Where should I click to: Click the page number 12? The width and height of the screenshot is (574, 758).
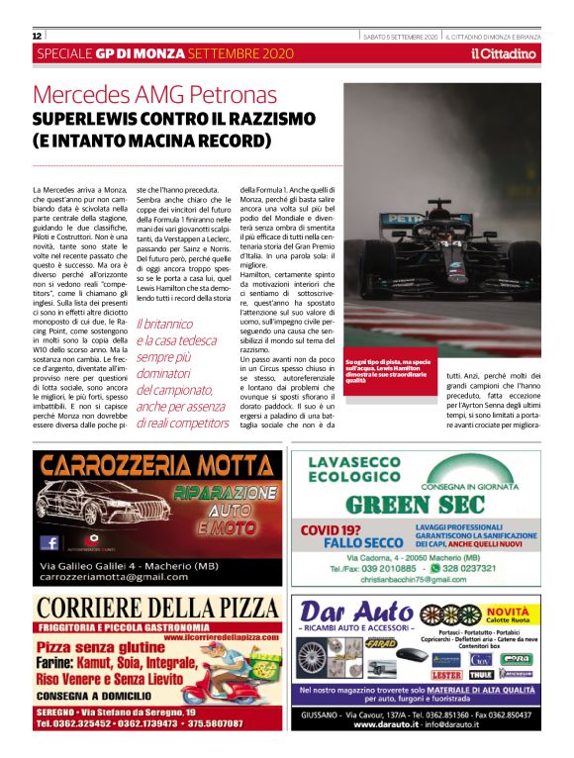click(x=37, y=36)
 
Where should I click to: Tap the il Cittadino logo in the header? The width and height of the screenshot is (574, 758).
click(x=505, y=53)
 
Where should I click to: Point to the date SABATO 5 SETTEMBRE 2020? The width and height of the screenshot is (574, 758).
click(x=400, y=36)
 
